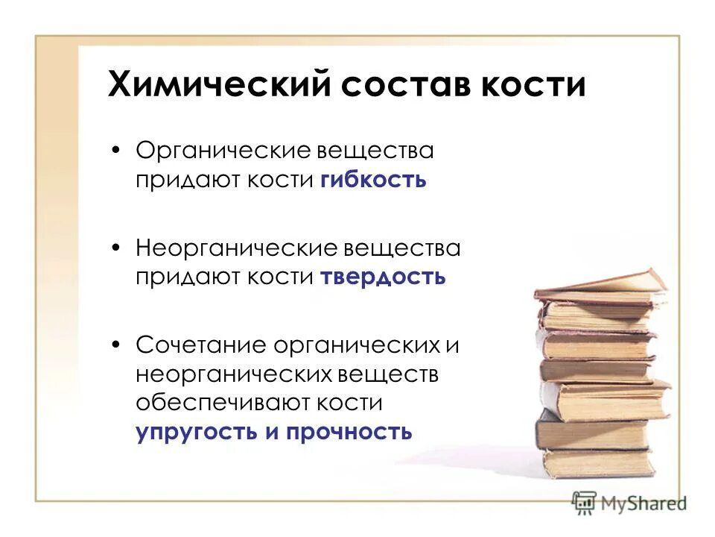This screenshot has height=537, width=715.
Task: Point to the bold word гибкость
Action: coord(374,181)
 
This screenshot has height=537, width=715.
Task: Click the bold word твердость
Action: coord(384,277)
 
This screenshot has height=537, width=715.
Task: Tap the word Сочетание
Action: coord(201,345)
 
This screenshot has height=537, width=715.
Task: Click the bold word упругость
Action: coord(196,433)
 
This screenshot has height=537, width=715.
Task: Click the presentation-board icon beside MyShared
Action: coord(584,502)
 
